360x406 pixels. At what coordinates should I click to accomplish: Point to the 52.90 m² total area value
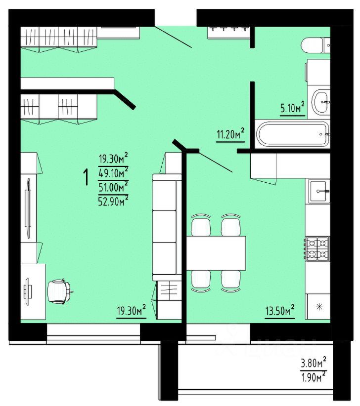pos(113,199)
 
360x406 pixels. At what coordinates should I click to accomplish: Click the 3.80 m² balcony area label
pos(314,365)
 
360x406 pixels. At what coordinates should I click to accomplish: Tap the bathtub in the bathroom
pos(291,134)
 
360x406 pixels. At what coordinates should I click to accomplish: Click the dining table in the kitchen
pos(216,252)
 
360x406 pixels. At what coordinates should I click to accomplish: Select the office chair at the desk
pos(60,291)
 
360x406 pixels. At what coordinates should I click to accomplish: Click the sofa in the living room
pos(164,227)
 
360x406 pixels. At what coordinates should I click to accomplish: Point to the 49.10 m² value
pos(113,172)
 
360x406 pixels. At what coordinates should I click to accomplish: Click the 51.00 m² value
pos(113,186)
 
